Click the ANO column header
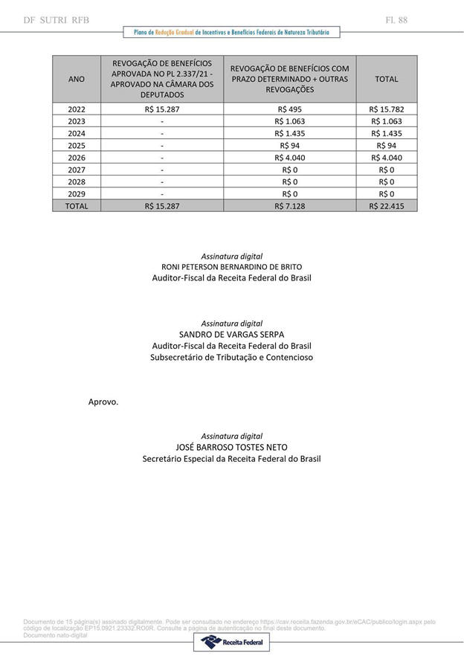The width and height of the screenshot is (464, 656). [77, 79]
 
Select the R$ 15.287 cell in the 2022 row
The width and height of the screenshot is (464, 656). [162, 109]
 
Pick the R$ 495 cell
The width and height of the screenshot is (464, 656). [289, 109]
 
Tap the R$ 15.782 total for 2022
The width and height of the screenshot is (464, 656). [386, 109]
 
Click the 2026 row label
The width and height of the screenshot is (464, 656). [77, 158]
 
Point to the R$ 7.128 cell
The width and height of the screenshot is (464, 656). [289, 206]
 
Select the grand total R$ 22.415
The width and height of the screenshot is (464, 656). [386, 206]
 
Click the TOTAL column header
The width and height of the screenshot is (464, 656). [386, 79]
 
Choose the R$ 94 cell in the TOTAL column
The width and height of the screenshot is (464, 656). [386, 146]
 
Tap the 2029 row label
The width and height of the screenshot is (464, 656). [77, 194]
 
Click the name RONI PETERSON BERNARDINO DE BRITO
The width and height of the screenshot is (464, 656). [231, 267]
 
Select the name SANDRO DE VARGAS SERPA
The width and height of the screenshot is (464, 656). [231, 335]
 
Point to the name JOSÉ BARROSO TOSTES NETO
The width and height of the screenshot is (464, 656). [231, 448]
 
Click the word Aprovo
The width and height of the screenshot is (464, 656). [103, 402]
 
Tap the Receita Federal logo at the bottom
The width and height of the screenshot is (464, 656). [231, 642]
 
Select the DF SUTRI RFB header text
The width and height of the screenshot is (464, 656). [57, 20]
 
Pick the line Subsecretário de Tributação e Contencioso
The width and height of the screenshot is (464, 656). [231, 357]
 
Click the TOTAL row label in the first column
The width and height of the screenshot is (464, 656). [77, 206]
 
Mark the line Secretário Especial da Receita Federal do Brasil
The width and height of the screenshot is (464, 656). [231, 459]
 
